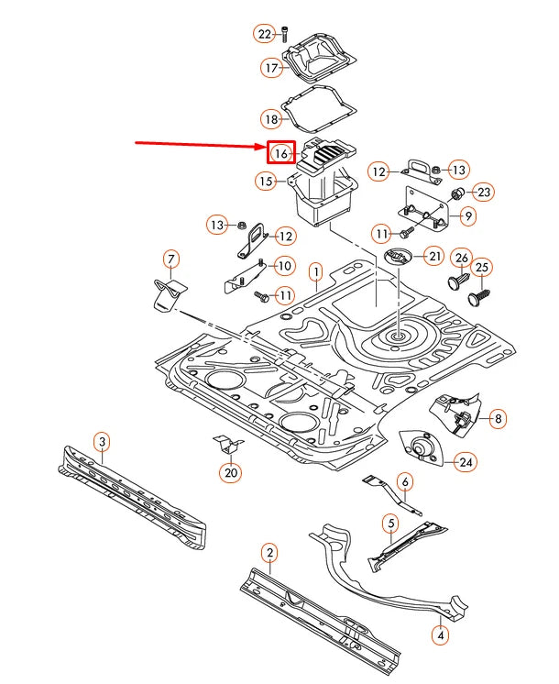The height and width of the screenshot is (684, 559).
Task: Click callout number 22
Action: pos(265,34)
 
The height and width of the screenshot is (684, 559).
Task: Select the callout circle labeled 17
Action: pos(272,68)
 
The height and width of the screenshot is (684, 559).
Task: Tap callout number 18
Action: pos(271,119)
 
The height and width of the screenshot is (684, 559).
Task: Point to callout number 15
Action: pos(266,182)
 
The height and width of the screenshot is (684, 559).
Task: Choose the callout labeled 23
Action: pos(484,193)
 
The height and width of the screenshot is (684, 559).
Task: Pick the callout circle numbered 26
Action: pos(462,258)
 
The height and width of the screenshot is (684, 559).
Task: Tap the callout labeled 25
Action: pos(482,268)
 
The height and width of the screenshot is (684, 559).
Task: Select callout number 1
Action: pos(315,271)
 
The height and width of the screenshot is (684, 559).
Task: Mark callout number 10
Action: pos(285,266)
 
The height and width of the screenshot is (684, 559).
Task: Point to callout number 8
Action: pos(499,419)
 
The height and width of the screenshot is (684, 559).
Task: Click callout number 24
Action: pos(466,462)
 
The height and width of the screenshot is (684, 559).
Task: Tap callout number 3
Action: pos(103,443)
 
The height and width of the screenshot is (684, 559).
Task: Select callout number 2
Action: pos(269,552)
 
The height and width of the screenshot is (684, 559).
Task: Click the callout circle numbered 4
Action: pos(441,634)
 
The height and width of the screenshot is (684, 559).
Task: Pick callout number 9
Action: pos(468,217)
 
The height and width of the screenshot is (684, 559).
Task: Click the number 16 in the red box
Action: pos(280,153)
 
